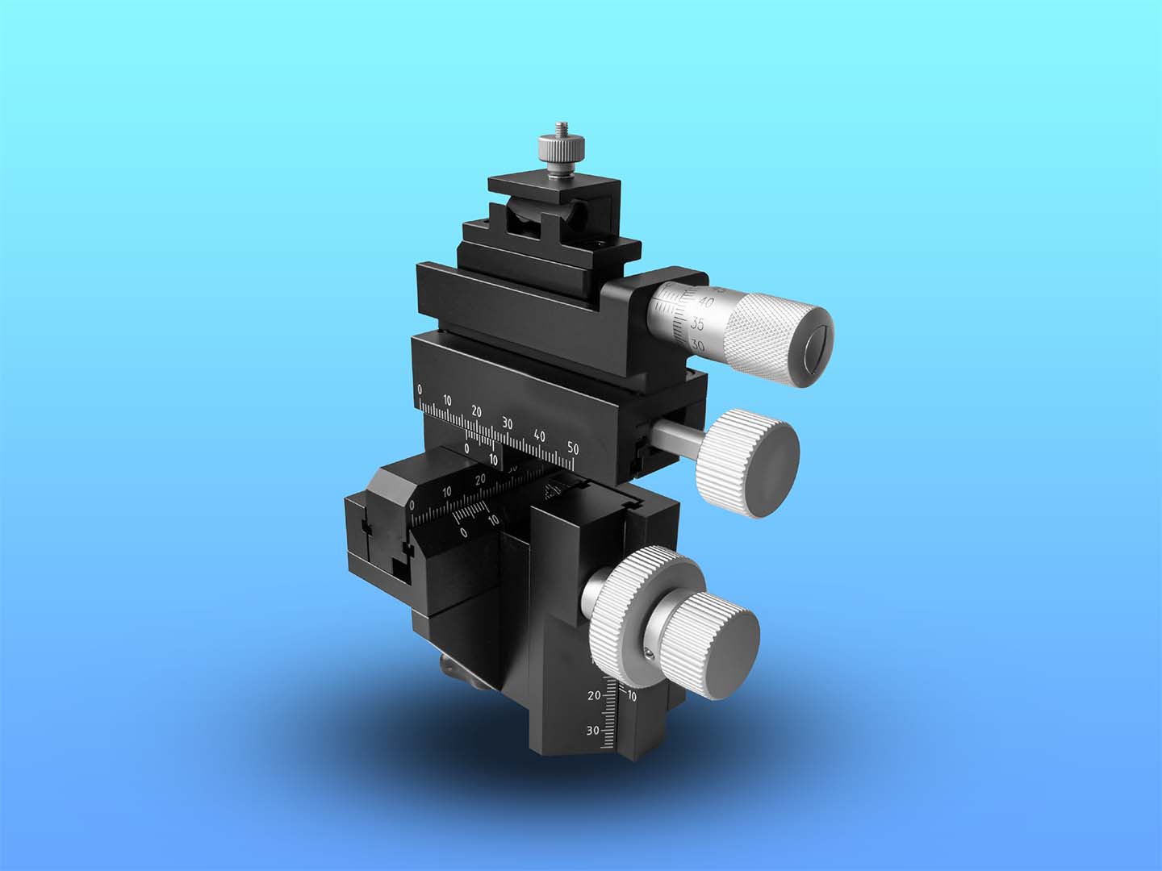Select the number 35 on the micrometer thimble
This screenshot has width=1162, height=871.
699,324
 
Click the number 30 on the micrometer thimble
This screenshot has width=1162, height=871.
698,346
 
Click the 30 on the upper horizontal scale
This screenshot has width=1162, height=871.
507,423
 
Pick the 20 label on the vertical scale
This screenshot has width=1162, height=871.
594,694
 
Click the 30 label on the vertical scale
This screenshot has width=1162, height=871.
592,731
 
